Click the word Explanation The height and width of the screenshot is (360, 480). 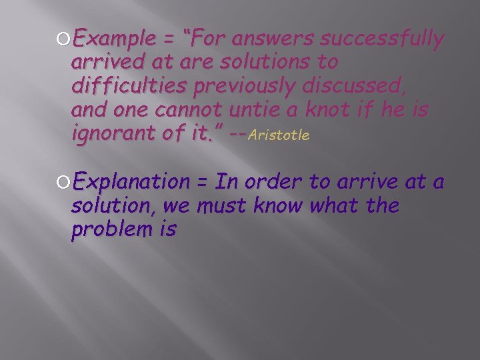[x=131, y=181]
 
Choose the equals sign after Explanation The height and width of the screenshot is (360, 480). [x=203, y=182]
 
